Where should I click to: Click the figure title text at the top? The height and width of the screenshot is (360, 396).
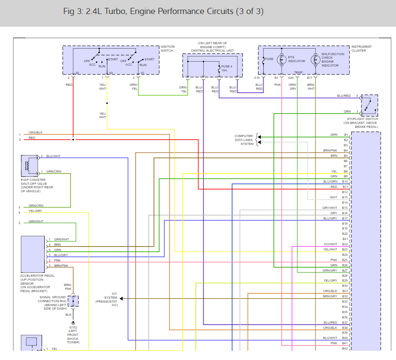tap(163, 11)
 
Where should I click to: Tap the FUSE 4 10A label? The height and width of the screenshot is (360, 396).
tap(226, 68)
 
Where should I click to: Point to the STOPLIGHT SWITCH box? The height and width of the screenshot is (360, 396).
tap(369, 106)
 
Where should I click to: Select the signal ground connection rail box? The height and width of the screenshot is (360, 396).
tap(73, 301)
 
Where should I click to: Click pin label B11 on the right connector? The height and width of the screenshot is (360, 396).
tap(345, 187)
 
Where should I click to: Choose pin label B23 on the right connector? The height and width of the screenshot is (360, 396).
tap(345, 250)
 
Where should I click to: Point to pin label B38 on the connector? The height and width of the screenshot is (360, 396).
tap(345, 328)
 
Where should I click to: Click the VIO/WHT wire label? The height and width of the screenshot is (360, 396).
tap(330, 244)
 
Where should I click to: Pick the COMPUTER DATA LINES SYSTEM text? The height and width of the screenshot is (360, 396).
tap(244, 140)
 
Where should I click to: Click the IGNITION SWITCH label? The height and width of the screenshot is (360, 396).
tap(168, 49)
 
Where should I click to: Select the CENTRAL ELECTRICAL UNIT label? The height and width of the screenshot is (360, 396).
tap(212, 50)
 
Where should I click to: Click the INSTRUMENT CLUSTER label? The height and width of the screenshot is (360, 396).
tap(361, 49)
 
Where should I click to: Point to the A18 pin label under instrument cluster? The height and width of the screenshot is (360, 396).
tap(257, 78)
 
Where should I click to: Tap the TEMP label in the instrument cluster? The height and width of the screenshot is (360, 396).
tap(298, 72)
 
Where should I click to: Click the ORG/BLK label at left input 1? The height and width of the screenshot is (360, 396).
tap(35, 132)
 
